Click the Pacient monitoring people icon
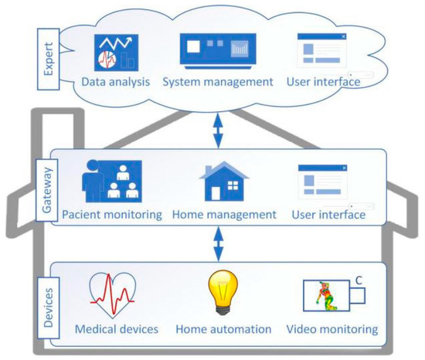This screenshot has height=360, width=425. (x=112, y=182)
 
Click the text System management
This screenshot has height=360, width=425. (x=219, y=81)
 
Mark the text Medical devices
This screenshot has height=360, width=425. (x=117, y=329)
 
